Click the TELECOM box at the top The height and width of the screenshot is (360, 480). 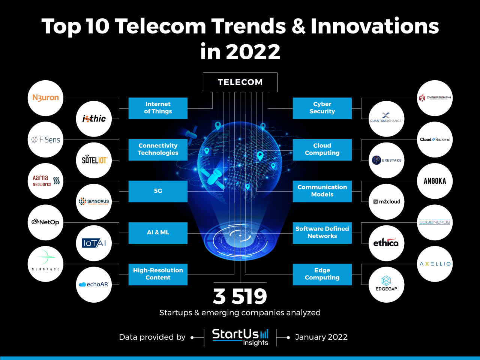(240, 82)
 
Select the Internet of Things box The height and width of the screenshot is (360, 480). (158, 108)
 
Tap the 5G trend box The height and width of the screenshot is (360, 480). (158, 191)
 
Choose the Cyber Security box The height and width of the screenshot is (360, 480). (322, 108)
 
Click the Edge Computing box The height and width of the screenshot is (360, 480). (322, 274)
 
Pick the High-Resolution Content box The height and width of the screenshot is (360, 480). (158, 274)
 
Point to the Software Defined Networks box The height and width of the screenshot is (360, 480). (322, 232)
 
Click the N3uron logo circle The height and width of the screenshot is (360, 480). (45, 98)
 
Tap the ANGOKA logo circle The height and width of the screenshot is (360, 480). (435, 181)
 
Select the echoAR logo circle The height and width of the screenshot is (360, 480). (94, 285)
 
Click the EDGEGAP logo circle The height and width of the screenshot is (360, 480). (386, 285)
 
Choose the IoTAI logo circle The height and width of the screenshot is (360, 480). (94, 243)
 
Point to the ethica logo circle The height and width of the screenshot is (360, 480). (386, 243)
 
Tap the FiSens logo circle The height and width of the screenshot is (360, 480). (45, 139)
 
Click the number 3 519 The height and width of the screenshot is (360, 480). (240, 296)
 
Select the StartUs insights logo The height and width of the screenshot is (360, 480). (240, 337)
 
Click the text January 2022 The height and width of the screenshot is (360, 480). (321, 337)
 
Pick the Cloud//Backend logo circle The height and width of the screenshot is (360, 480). (435, 139)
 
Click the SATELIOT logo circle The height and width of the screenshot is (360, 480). (94, 160)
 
